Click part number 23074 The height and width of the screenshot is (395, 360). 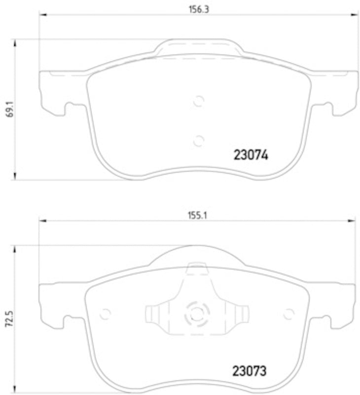[x=250, y=156]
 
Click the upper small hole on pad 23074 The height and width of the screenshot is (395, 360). [x=198, y=101]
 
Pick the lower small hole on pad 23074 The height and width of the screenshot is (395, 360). [x=198, y=141]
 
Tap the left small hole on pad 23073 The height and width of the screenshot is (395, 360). [x=105, y=314]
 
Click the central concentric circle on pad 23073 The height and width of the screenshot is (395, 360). [x=197, y=314]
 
